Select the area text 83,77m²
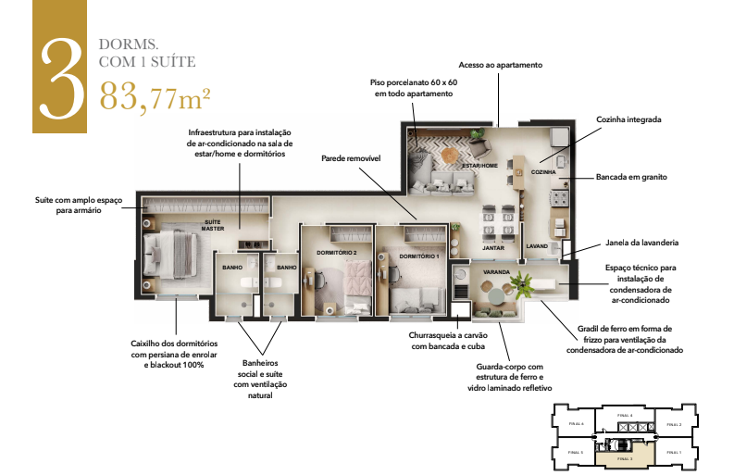click(x=155, y=94)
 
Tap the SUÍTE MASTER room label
click(x=213, y=226)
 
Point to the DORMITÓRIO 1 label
click(x=418, y=256)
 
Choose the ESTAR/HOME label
click(x=480, y=165)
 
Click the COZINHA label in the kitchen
click(x=543, y=172)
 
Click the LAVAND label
click(x=538, y=246)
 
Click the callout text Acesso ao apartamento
click(x=500, y=66)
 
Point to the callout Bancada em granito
click(x=633, y=176)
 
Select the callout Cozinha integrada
click(x=629, y=119)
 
